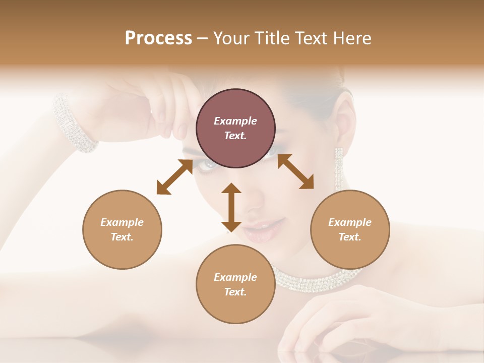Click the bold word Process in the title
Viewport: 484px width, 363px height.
point(158,38)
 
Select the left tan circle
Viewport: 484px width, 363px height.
point(122,229)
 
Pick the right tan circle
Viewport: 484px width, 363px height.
point(350,229)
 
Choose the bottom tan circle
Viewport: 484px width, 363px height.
point(235,284)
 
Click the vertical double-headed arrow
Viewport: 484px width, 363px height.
point(231,207)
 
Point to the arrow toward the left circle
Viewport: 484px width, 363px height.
point(174,176)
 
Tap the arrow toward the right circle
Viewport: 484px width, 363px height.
point(295,171)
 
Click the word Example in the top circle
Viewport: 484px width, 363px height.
point(235,121)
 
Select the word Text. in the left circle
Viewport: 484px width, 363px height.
point(122,237)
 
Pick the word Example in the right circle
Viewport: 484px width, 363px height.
point(350,222)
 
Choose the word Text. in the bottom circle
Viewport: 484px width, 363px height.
point(235,292)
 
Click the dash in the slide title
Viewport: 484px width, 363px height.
point(203,38)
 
